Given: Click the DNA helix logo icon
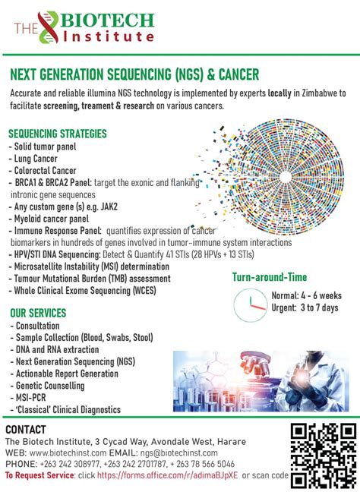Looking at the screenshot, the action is (x=49, y=27).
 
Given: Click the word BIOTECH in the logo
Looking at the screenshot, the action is (x=107, y=20).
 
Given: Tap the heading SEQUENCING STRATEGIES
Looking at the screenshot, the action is (x=58, y=134).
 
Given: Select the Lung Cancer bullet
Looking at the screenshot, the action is (x=33, y=159).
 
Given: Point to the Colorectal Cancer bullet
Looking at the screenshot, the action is (x=43, y=171).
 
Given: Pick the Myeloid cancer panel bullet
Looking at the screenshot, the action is (x=49, y=219).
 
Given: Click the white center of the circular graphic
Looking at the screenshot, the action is (x=285, y=177).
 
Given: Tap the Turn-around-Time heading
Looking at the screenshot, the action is (x=270, y=277).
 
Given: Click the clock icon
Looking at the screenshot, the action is (x=250, y=305).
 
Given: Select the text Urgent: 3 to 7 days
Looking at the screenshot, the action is (x=305, y=307).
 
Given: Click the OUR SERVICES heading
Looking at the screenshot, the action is (x=38, y=313).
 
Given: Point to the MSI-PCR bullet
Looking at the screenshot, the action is (x=28, y=398).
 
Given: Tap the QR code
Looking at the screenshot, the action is (x=324, y=456).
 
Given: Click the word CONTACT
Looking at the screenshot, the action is (x=26, y=430).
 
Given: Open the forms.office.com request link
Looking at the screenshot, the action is (x=167, y=475).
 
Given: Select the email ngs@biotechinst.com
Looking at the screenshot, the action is (x=179, y=453).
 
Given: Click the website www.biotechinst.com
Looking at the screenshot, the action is (x=68, y=453).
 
